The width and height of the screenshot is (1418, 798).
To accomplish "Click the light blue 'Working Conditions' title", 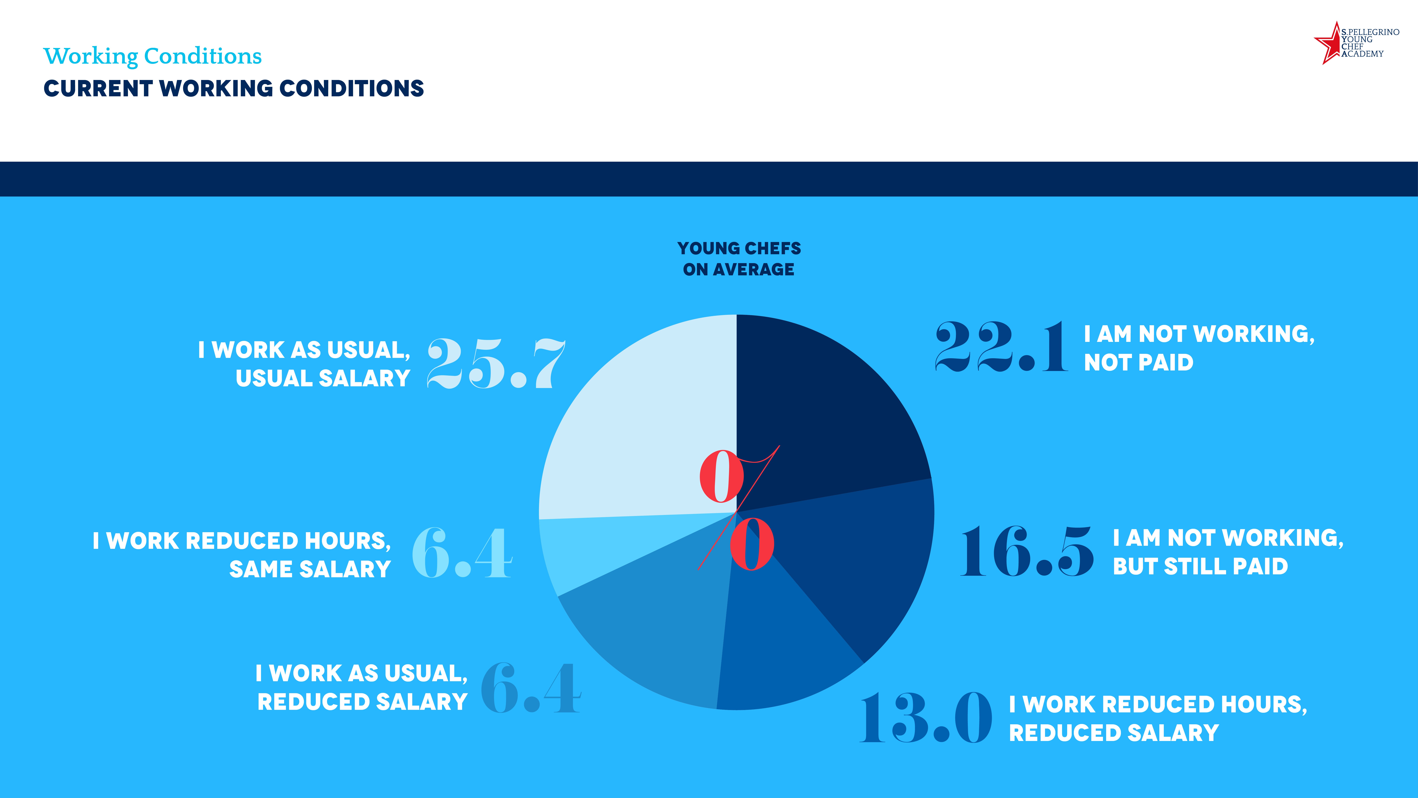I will (152, 56).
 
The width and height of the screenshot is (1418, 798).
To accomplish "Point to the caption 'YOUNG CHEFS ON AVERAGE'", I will (739, 259).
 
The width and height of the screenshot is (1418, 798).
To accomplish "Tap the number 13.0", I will (926, 718).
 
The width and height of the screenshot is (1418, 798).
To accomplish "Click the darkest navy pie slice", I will (826, 418).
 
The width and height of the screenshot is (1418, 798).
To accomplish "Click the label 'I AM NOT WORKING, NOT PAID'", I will (1199, 348).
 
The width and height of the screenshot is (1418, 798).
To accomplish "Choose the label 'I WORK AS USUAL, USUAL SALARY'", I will (304, 364).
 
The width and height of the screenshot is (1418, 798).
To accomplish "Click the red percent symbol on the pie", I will (738, 509).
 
